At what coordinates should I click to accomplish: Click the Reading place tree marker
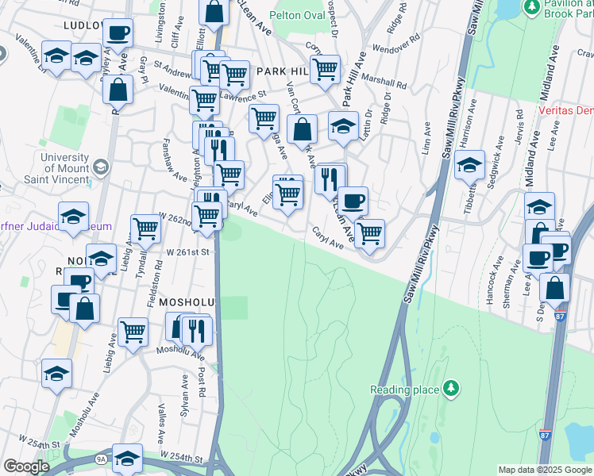coord(451,388)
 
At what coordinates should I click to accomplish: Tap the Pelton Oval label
coord(297,15)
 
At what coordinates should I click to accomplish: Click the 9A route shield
coord(101,458)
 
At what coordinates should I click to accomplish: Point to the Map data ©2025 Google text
coord(544,470)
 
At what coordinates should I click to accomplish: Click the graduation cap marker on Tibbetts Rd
coord(470,165)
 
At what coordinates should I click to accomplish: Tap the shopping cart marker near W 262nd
coord(207,214)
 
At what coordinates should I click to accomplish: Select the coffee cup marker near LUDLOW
coord(118,33)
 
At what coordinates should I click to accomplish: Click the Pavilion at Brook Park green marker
coord(530,7)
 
